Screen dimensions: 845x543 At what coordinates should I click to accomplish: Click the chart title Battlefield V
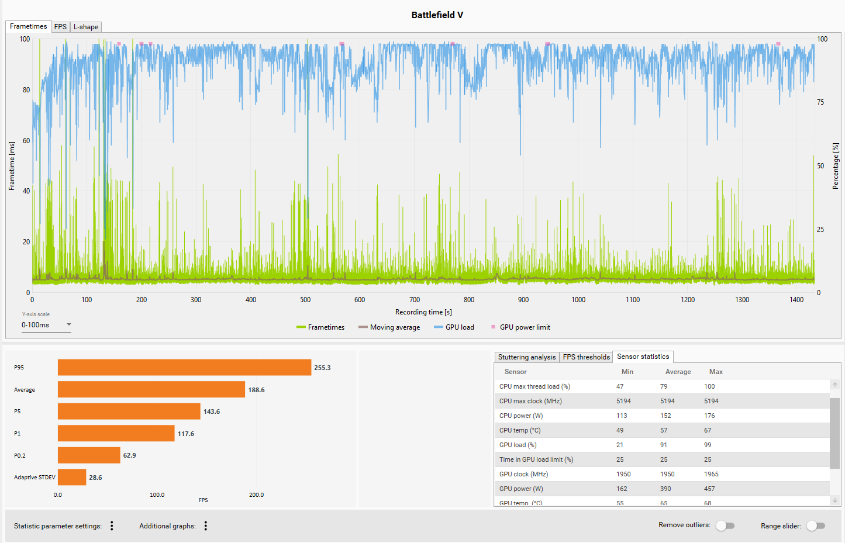437,15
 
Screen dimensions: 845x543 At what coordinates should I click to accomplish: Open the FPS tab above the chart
60,27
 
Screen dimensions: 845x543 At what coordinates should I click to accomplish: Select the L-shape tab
85,27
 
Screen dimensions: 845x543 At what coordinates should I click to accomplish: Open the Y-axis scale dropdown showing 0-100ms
46,324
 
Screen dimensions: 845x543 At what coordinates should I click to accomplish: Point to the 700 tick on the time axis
415,300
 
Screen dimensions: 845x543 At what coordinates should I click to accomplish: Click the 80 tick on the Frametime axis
26,90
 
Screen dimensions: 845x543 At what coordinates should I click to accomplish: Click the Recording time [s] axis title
423,312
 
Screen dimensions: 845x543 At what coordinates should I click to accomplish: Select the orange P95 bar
184,367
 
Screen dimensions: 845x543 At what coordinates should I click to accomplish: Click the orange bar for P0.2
89,455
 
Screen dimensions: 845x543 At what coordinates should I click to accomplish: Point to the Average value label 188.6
257,390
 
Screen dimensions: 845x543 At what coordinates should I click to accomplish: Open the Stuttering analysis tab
527,357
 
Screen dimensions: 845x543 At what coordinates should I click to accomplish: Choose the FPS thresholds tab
586,357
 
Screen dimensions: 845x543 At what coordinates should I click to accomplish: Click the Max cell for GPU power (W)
709,489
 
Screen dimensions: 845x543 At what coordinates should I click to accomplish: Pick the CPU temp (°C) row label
520,430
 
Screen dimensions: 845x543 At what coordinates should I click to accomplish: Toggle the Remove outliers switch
725,525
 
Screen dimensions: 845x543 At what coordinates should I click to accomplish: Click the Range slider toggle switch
816,525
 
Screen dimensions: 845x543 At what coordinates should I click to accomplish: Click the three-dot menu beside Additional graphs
206,525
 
